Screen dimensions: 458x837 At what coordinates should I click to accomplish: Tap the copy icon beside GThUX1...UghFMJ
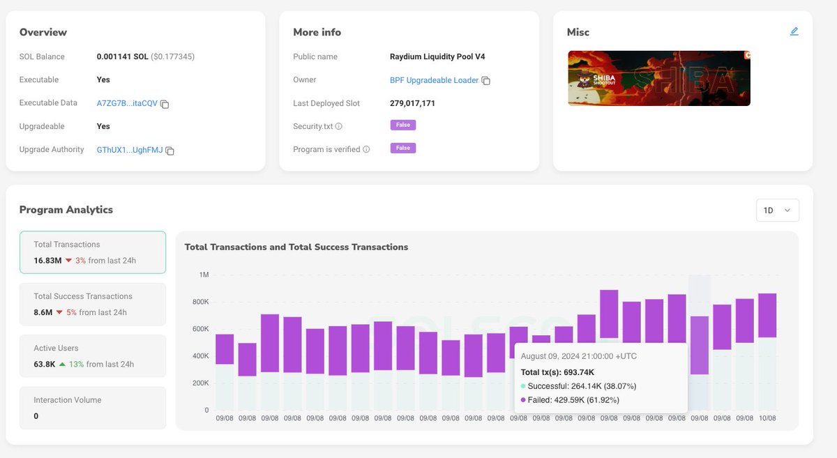(x=169, y=151)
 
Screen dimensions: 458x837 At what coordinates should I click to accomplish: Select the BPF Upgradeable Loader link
(x=434, y=80)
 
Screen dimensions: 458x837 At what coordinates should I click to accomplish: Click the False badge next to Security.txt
(x=402, y=125)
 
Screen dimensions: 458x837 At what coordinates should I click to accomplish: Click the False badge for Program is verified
(x=402, y=148)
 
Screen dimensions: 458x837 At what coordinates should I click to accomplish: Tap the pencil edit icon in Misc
(x=794, y=31)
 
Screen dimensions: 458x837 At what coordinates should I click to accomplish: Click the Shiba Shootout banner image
(x=658, y=78)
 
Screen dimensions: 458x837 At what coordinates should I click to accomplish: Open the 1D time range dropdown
(x=777, y=210)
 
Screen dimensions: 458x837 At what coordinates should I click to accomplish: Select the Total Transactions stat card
(x=93, y=252)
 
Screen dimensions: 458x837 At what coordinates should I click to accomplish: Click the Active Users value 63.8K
(x=45, y=364)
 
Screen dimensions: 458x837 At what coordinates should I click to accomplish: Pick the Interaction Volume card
(x=93, y=408)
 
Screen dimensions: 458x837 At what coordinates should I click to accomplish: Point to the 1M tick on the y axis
(x=204, y=275)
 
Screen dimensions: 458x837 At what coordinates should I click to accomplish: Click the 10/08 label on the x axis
(x=767, y=418)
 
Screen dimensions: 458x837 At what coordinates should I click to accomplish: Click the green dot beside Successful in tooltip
(x=523, y=386)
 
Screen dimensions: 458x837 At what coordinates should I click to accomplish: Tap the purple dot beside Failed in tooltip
(x=523, y=400)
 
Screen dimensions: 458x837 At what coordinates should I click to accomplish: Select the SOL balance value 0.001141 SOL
(x=122, y=56)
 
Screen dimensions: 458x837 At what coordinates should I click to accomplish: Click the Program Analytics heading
(x=66, y=210)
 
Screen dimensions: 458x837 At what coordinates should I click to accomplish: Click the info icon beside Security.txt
(x=339, y=127)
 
